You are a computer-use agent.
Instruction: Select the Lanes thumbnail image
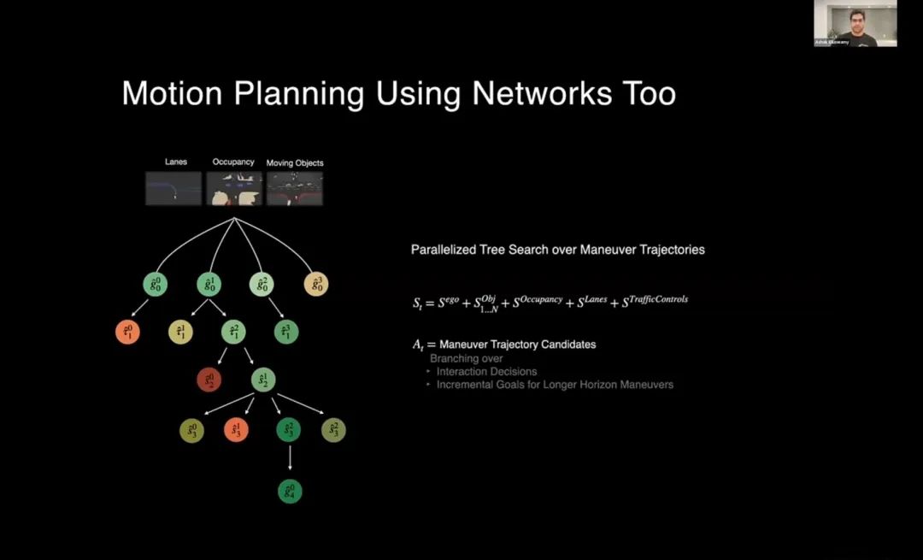click(x=173, y=188)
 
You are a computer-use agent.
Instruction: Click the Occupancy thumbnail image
click(x=233, y=188)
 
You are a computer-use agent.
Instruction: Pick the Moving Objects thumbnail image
click(x=295, y=188)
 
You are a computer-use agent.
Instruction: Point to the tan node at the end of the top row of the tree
click(x=316, y=284)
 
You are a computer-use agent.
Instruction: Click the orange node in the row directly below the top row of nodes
click(x=127, y=332)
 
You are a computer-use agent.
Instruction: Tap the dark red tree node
click(x=209, y=379)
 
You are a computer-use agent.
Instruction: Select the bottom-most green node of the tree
click(x=290, y=492)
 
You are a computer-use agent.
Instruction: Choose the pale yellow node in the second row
click(x=180, y=332)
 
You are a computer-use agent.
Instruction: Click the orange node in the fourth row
click(x=236, y=431)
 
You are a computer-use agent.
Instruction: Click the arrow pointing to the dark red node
click(x=220, y=357)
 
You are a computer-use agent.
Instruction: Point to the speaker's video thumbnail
click(x=855, y=23)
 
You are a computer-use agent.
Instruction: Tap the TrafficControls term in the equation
click(x=655, y=301)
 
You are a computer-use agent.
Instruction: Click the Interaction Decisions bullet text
click(x=486, y=372)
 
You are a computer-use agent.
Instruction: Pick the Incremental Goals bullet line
click(x=555, y=385)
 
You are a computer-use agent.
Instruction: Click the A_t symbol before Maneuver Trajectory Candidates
click(x=419, y=345)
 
